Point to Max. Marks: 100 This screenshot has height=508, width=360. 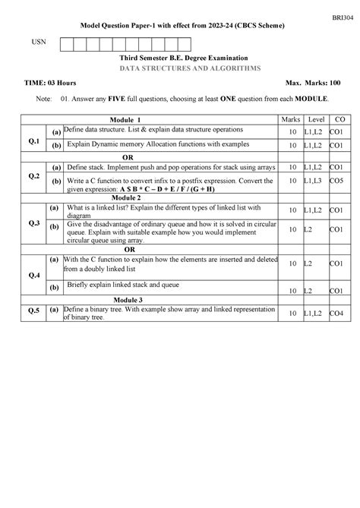pos(309,82)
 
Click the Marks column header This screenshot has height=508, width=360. pos(291,120)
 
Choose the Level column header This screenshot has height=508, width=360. pos(317,120)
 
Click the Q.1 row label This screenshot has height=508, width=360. pos(33,140)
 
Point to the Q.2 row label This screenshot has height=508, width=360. pos(33,175)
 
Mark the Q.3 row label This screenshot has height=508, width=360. pos(33,222)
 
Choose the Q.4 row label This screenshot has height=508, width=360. pos(33,274)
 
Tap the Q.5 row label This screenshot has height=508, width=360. pos(33,311)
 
